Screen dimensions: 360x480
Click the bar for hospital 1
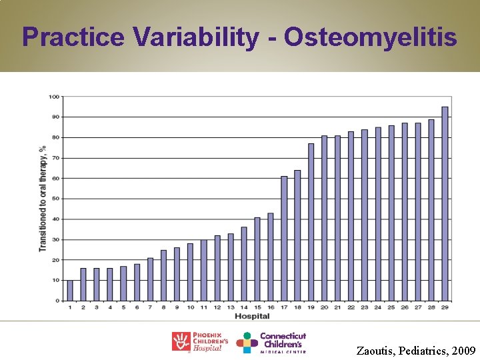point(70,291)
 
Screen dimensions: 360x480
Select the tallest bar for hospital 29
point(445,204)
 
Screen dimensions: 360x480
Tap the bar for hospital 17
point(284,239)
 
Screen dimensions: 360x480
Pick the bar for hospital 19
point(311,222)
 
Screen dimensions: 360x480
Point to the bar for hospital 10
point(190,272)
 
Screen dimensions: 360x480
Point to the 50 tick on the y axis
point(55,199)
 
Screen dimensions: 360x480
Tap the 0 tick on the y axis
point(57,301)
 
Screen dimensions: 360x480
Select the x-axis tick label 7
point(150,307)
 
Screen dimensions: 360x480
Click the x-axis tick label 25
point(391,307)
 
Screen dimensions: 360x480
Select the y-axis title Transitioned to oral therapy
point(43,199)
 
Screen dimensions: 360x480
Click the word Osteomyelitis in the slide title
point(371,37)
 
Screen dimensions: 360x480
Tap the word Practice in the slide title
point(73,37)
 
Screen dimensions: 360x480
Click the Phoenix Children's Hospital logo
point(199,342)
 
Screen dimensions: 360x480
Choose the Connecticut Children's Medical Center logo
point(272,342)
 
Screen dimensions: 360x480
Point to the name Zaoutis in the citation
point(377,350)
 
